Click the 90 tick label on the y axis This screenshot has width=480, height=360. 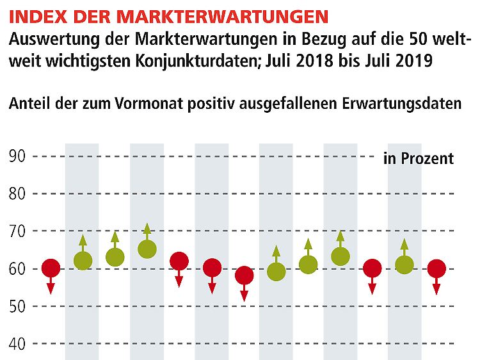17,156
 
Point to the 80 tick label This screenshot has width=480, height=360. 17,193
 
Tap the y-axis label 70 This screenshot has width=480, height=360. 17,231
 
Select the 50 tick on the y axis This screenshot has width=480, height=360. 17,306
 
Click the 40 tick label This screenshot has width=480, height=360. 17,344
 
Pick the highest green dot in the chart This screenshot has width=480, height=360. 147,249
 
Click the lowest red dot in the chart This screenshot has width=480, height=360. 244,276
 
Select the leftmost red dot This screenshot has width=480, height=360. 51,268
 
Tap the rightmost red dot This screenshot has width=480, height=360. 436,268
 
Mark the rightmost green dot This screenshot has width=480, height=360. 404,265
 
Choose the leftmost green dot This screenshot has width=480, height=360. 83,261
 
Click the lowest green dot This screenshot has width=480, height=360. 276,272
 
